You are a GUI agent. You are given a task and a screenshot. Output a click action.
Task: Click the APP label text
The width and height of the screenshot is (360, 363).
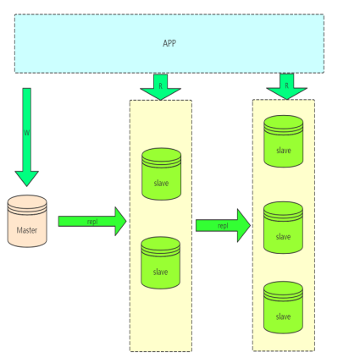click(169, 43)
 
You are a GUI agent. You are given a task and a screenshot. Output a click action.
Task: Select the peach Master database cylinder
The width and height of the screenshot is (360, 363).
click(27, 221)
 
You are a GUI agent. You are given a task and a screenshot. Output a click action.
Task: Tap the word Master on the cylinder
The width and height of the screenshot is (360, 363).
click(27, 230)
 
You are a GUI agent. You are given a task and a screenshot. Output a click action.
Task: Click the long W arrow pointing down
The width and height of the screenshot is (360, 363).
click(27, 137)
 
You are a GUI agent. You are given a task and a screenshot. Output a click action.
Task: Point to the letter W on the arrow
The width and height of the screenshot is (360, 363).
click(27, 133)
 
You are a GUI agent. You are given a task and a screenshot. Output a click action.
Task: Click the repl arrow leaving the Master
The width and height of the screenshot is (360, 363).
click(92, 222)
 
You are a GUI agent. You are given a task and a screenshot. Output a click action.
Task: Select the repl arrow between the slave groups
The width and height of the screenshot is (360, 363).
click(223, 226)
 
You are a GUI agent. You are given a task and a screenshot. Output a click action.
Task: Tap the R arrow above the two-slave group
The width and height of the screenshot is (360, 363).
click(160, 87)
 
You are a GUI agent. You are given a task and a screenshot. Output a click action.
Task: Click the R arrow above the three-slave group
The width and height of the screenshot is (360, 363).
click(286, 86)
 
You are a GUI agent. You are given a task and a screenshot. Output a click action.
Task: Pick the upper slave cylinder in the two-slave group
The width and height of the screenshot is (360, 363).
click(161, 174)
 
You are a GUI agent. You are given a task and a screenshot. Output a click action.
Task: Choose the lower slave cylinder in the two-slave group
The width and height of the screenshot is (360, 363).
click(160, 263)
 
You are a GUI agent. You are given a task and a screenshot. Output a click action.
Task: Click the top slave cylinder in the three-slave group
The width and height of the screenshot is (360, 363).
click(284, 141)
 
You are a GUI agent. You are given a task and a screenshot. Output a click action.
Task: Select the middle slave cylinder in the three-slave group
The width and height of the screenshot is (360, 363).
click(283, 228)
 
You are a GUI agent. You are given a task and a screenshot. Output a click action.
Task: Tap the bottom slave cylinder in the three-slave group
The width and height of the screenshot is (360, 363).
click(283, 307)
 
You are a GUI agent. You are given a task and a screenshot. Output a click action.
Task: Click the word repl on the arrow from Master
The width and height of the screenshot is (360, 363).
click(92, 222)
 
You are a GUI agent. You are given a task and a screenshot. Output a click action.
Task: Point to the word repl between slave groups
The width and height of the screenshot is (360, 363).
click(223, 226)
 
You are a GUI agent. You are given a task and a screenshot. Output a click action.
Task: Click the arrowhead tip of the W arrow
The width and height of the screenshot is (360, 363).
click(27, 186)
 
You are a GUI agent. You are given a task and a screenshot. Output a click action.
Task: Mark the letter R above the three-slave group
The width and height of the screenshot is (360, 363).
click(286, 85)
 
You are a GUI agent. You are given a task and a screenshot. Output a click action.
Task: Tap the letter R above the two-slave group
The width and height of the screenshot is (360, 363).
click(160, 86)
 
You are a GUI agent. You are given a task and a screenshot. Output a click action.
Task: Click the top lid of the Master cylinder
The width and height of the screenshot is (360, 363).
click(27, 201)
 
